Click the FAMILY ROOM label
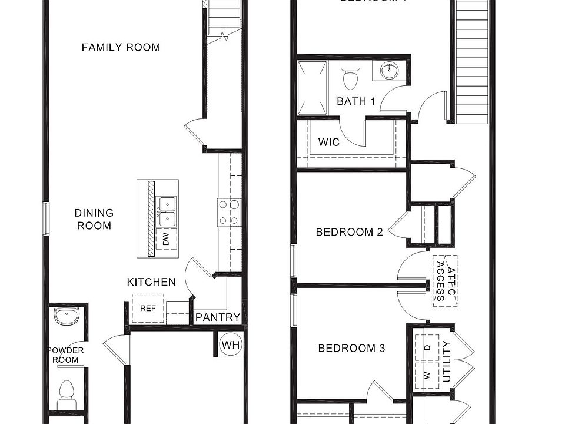click(x=121, y=47)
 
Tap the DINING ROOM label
click(x=94, y=219)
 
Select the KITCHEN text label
click(x=151, y=282)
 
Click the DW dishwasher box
click(x=167, y=238)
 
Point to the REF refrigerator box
click(x=148, y=308)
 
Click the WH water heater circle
click(x=231, y=344)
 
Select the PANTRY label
click(x=218, y=317)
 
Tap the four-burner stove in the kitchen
click(x=229, y=213)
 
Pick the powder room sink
click(x=66, y=316)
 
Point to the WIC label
click(x=328, y=143)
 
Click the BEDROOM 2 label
click(x=349, y=232)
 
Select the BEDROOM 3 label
click(x=351, y=349)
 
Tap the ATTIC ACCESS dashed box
click(x=445, y=281)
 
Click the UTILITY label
click(x=447, y=362)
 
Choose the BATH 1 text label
click(x=356, y=101)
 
